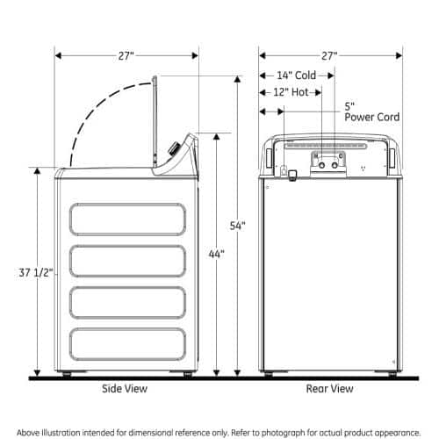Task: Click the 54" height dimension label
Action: [x=238, y=226]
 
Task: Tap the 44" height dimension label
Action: [x=217, y=254]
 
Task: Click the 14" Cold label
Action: [x=294, y=76]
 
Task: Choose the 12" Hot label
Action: [x=291, y=92]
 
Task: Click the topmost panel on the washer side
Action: [x=128, y=219]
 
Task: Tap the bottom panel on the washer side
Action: [x=128, y=343]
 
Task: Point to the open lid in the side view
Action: [x=155, y=123]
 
